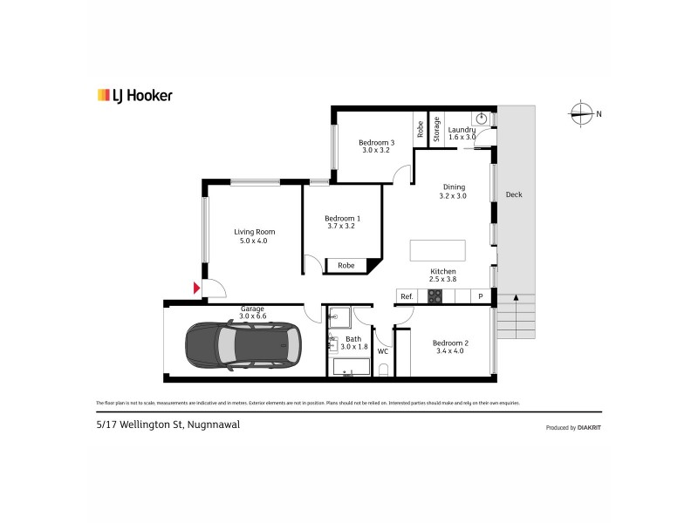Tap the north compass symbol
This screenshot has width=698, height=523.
click(x=580, y=112)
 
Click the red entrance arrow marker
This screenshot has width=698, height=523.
click(x=197, y=288)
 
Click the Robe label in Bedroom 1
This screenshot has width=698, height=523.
click(x=346, y=265)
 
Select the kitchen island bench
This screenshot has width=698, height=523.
click(x=438, y=250)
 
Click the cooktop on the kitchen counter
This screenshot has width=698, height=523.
click(x=435, y=296)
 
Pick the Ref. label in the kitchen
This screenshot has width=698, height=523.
click(x=407, y=297)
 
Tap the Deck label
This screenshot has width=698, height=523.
click(x=514, y=194)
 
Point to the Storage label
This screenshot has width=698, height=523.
click(x=437, y=129)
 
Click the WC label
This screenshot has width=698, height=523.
click(x=382, y=351)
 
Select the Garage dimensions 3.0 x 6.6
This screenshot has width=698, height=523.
click(x=253, y=316)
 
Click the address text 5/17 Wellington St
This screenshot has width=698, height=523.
click(x=168, y=425)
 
